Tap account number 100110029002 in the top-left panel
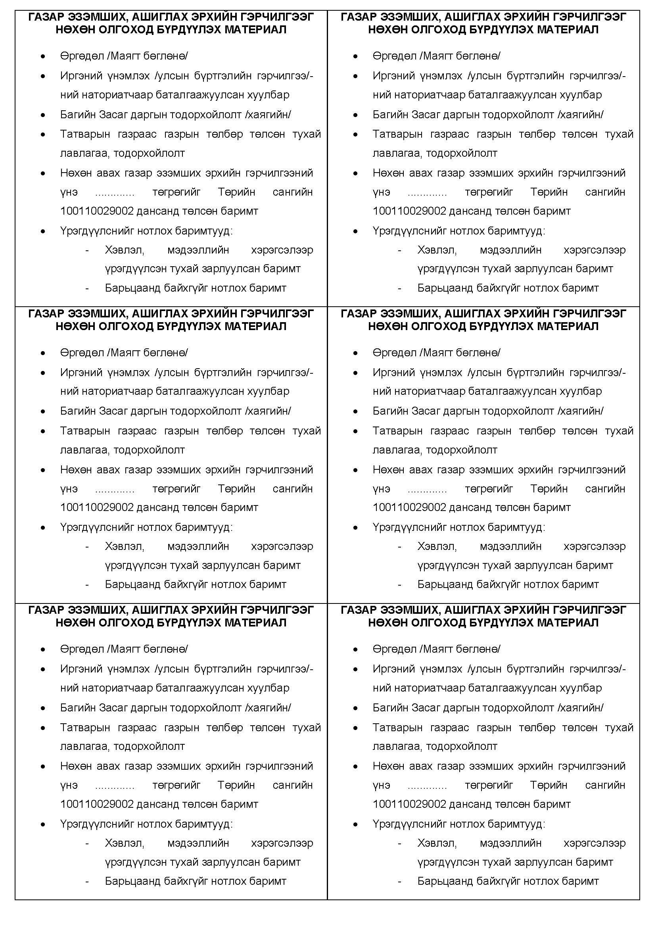tap(97, 211)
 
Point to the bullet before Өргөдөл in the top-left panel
tap(43, 57)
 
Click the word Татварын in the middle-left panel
tap(85, 430)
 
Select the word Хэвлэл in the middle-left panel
tap(125, 546)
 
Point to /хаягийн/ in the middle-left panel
tap(268, 411)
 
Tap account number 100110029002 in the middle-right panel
tap(409, 507)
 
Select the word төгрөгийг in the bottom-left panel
tap(176, 785)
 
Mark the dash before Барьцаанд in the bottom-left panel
tap(87, 882)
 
